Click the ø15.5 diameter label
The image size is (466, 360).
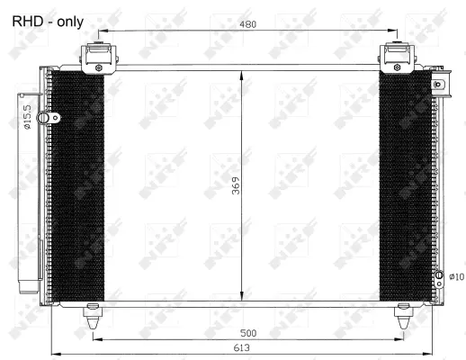coord(28,118)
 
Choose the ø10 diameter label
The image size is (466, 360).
coord(455,276)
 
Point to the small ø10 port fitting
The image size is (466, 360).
coord(439,275)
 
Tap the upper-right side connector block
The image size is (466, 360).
coord(439,88)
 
